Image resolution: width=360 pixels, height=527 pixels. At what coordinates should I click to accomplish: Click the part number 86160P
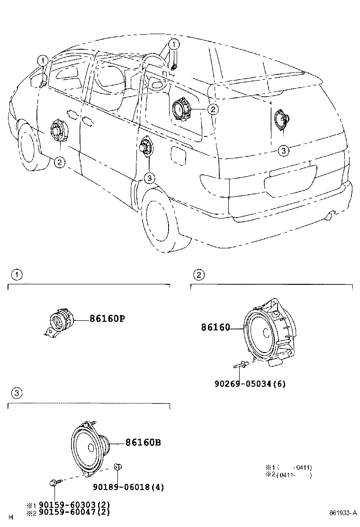[x=107, y=319]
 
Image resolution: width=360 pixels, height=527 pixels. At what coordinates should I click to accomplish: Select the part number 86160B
[x=143, y=443]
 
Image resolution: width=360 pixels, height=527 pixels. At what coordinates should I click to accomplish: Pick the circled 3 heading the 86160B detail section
[x=17, y=393]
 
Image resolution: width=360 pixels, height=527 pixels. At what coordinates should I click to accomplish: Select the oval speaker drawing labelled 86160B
[x=90, y=446]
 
